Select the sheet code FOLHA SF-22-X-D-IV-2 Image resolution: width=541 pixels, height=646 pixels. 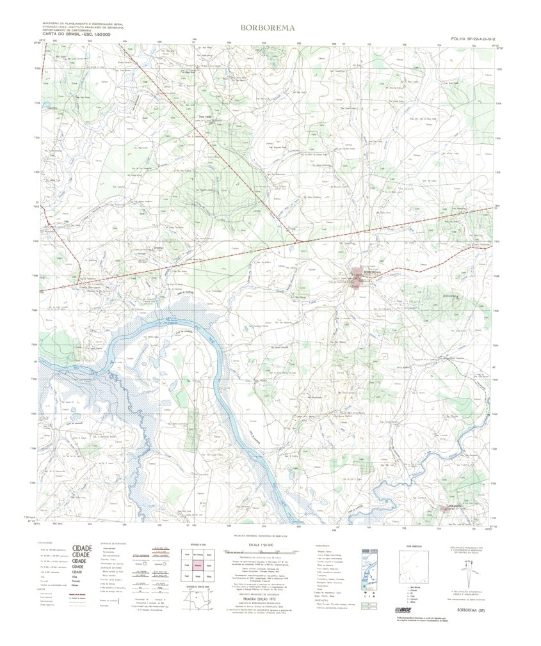click(x=473, y=39)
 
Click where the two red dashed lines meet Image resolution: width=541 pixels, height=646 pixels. click(x=297, y=240)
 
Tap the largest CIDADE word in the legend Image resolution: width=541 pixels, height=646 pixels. click(x=82, y=549)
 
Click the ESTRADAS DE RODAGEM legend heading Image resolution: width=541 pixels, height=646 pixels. click(x=110, y=544)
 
